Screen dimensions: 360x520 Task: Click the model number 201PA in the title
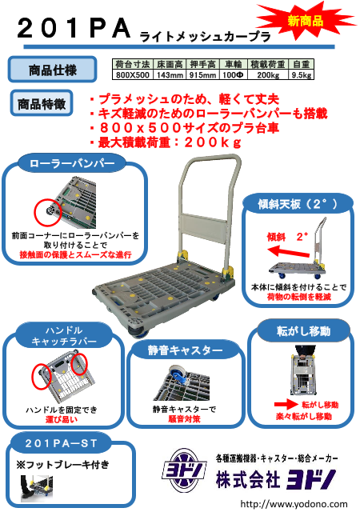74,29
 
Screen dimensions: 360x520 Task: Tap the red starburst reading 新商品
306,21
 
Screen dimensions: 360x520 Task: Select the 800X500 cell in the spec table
133,75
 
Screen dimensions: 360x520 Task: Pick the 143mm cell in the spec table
170,75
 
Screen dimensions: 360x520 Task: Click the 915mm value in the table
202,75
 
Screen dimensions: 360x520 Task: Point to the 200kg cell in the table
268,75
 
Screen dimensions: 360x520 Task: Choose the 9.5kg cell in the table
302,75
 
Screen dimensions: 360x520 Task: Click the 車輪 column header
234,64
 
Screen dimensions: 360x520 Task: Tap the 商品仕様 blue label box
52,70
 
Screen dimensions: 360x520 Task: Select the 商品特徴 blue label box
42,103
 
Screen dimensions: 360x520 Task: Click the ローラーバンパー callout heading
72,163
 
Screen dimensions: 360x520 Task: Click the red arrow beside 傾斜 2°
288,252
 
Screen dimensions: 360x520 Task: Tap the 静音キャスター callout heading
185,350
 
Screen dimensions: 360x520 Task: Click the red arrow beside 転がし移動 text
286,404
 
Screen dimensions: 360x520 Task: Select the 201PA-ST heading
61,443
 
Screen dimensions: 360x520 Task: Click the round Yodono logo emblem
184,471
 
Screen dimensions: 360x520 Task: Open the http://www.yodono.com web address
294,504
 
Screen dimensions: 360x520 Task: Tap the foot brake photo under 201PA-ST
37,488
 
